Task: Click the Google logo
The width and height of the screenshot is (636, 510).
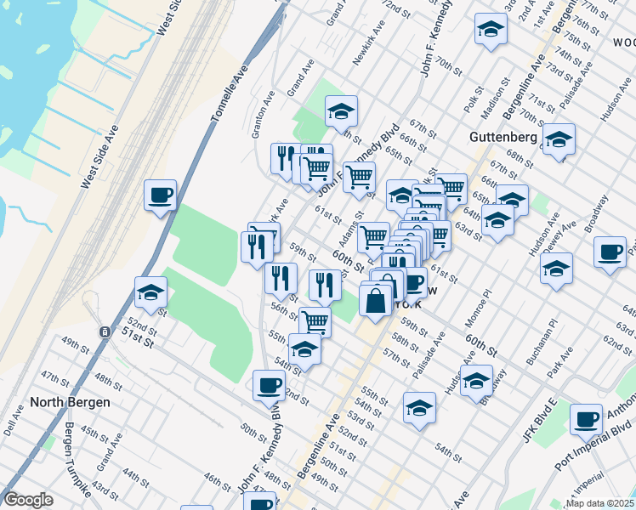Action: pos(28,500)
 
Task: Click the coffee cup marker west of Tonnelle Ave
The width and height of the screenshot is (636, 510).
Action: pos(160,196)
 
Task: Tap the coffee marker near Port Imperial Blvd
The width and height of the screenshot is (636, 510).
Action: pos(587,419)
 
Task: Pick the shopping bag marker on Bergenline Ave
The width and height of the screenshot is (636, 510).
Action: pos(376,300)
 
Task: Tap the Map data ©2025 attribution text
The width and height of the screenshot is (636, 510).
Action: pos(600,502)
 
